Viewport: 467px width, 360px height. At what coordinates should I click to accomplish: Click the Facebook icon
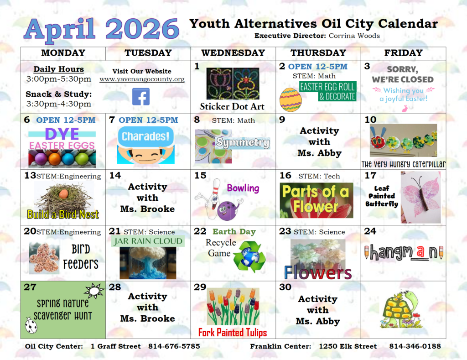pyautogui.click(x=141, y=97)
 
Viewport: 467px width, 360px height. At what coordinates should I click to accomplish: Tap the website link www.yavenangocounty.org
pyautogui.click(x=142, y=79)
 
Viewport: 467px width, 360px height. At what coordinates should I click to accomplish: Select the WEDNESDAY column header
pyautogui.click(x=233, y=53)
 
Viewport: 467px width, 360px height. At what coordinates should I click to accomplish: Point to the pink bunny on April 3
pyautogui.click(x=405, y=109)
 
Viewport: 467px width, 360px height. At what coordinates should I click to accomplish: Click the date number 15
pyautogui.click(x=200, y=176)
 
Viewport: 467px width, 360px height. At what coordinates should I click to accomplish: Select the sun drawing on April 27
pyautogui.click(x=94, y=290)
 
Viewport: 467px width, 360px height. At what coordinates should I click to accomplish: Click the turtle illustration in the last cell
pyautogui.click(x=401, y=309)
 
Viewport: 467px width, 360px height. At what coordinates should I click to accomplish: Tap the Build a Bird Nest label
pyautogui.click(x=63, y=214)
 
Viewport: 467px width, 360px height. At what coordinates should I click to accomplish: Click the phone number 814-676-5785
pyautogui.click(x=174, y=346)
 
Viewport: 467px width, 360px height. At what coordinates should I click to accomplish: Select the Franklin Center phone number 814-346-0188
pyautogui.click(x=415, y=346)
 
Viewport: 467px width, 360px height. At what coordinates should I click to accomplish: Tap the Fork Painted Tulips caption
pyautogui.click(x=232, y=332)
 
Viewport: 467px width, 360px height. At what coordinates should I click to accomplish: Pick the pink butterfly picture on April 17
pyautogui.click(x=420, y=197)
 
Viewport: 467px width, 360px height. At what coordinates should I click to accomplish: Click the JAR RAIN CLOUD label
pyautogui.click(x=148, y=241)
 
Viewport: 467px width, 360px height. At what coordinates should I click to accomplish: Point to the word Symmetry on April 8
pyautogui.click(x=242, y=143)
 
